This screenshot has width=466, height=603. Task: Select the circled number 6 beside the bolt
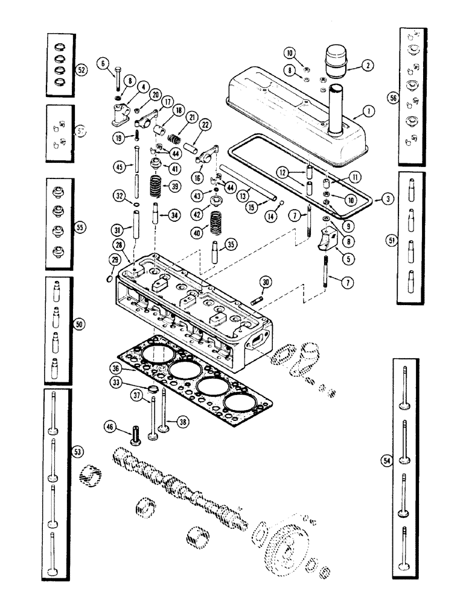tap(103, 62)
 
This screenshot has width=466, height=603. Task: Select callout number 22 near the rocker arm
tap(206, 124)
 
